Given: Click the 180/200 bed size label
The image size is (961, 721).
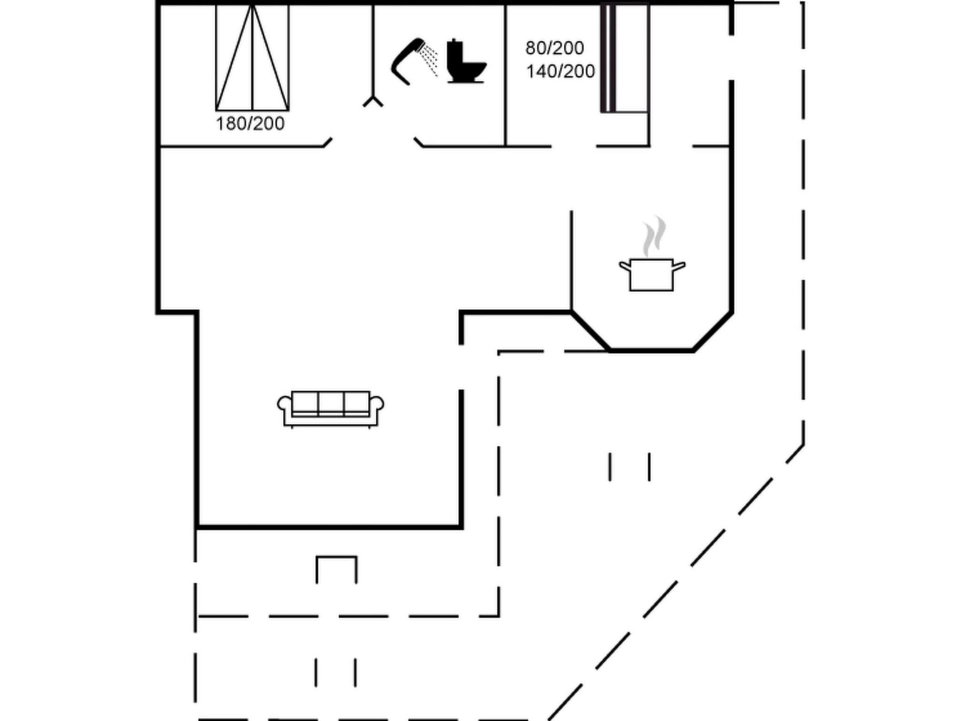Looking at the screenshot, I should (250, 124).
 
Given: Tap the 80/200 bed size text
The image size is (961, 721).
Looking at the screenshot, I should (554, 48).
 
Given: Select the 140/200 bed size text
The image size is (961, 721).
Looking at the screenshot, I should (560, 71).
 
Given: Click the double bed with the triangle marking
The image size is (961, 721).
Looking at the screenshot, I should (252, 57).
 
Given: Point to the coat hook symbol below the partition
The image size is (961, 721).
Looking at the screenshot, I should (373, 101).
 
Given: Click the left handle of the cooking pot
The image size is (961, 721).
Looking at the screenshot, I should (625, 267).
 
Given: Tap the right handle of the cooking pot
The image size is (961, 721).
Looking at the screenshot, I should (679, 267).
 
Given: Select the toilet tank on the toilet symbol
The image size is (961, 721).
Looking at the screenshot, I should (454, 49).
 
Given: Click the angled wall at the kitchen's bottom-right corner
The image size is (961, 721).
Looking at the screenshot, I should (713, 331).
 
